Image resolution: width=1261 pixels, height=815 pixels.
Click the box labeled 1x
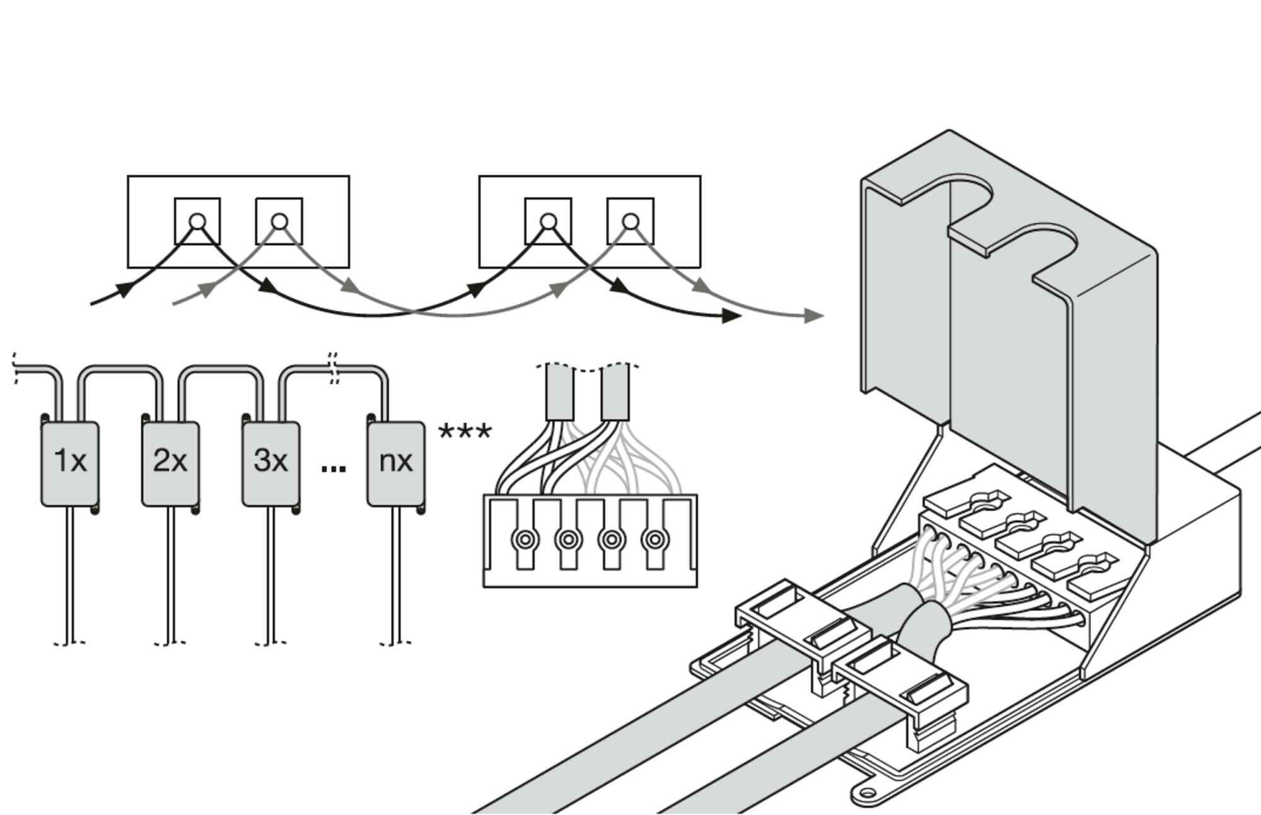point(70,463)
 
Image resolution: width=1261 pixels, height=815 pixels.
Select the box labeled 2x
point(170,463)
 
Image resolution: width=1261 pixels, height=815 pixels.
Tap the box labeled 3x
point(270,463)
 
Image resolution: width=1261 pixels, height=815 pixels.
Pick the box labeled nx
point(395,463)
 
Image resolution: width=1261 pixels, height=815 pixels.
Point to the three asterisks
point(465,432)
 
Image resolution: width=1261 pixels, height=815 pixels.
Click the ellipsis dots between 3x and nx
point(333,468)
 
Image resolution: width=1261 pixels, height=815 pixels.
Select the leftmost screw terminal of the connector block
point(525,540)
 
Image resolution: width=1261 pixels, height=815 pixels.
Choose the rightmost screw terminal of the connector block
point(655,540)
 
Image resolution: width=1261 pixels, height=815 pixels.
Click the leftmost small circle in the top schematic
point(197,221)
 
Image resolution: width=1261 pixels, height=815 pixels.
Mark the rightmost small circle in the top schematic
point(630,221)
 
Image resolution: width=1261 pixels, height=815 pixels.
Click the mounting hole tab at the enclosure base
point(869,793)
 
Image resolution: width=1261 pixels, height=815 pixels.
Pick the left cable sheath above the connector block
point(559,393)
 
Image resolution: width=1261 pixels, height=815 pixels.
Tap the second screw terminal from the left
point(569,540)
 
